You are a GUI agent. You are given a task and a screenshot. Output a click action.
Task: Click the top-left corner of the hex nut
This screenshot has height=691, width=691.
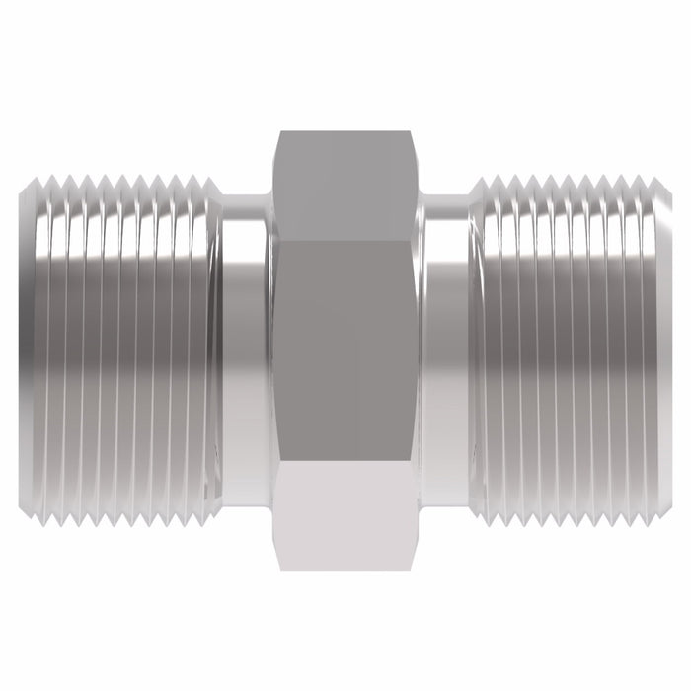278,130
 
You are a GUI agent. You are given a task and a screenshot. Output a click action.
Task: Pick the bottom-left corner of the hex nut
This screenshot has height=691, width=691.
278,570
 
